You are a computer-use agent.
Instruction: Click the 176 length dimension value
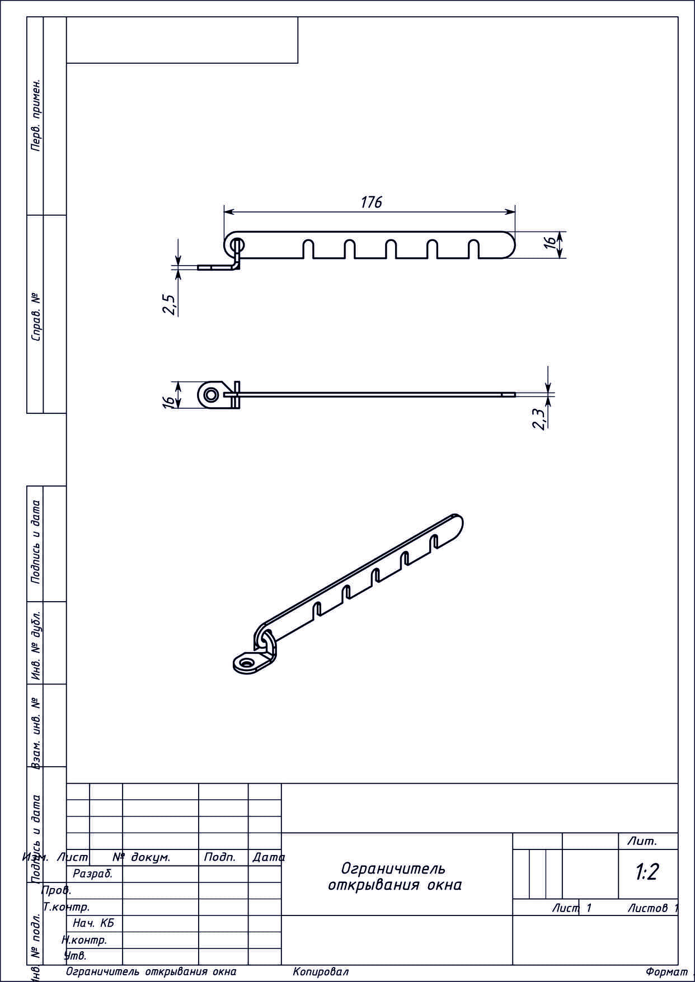tap(372, 202)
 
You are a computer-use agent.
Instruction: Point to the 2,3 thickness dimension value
tap(539, 419)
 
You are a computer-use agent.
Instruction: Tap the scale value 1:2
tap(647, 871)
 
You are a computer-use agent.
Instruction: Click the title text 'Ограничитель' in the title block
tap(393, 868)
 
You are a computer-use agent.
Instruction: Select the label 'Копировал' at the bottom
tap(321, 972)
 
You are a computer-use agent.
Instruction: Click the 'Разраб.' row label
tap(93, 874)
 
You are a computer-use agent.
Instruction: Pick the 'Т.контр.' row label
tap(66, 907)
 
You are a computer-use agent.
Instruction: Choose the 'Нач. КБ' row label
tap(93, 923)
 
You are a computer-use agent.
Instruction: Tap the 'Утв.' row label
tap(76, 956)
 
